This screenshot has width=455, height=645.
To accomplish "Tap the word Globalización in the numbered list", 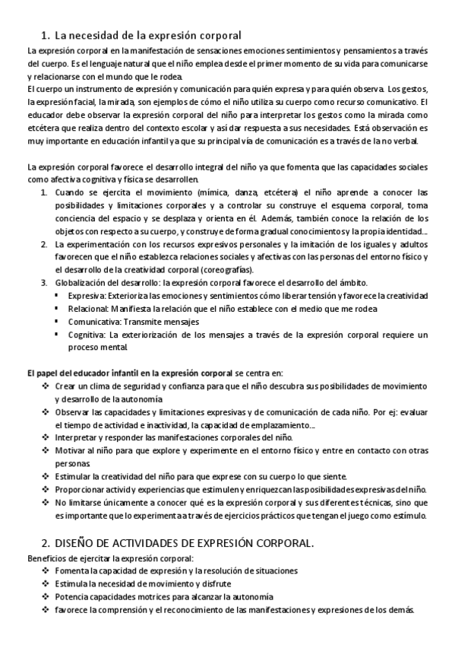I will [x=81, y=283].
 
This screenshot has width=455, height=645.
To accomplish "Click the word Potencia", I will [x=71, y=596].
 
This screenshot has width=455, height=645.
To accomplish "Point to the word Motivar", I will [x=70, y=451].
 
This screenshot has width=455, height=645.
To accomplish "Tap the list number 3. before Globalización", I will [x=45, y=283].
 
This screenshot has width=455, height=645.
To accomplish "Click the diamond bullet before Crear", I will [x=45, y=386].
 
